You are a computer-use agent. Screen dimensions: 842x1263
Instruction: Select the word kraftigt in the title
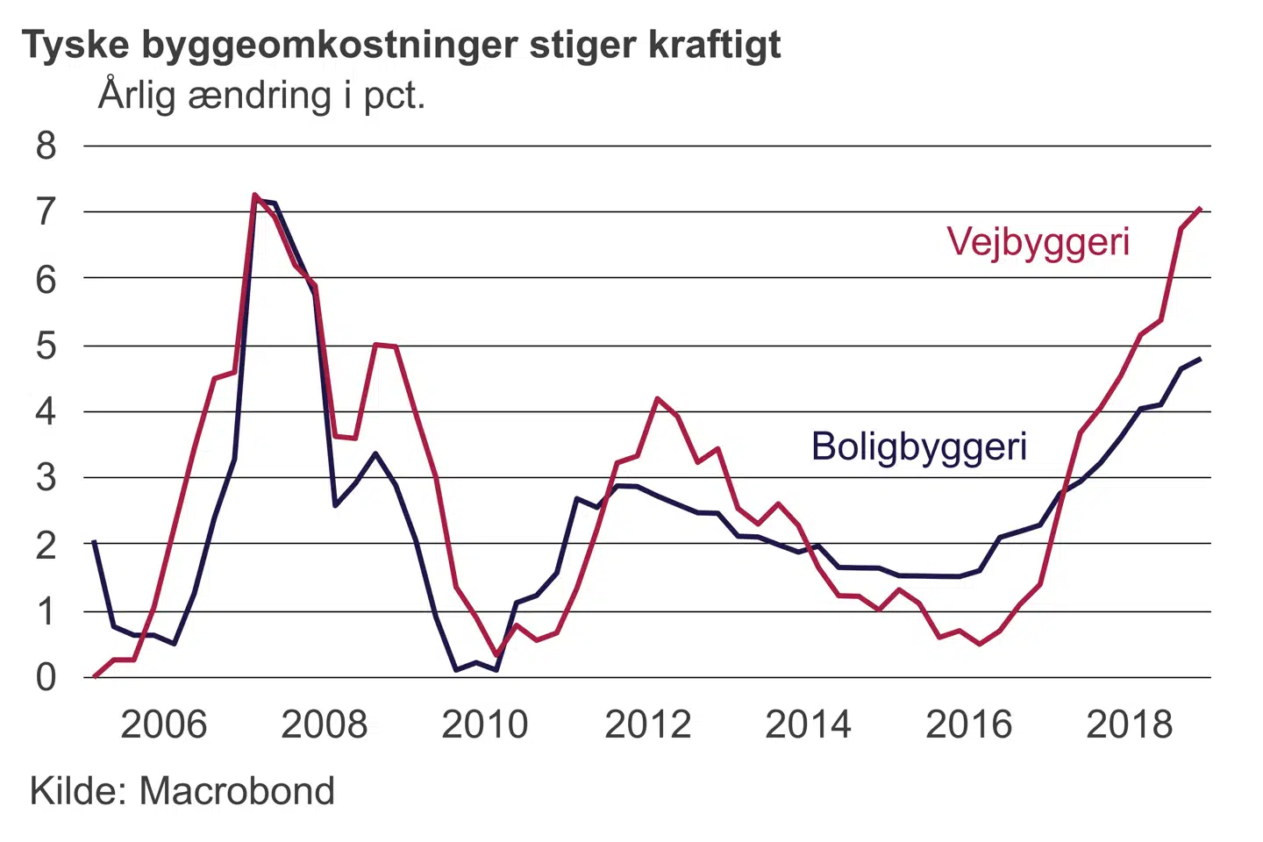(x=715, y=46)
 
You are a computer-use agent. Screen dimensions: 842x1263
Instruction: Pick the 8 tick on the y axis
(x=46, y=146)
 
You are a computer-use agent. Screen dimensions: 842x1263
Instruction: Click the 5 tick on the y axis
(x=46, y=346)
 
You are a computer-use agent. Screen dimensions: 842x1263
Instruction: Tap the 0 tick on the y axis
(x=46, y=677)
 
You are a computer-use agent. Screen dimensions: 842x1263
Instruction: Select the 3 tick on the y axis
(x=46, y=478)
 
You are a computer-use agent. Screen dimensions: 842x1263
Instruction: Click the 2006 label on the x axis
(x=163, y=724)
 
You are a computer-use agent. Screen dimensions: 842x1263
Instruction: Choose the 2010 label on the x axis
(x=485, y=724)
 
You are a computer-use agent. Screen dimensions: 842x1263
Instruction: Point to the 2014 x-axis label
(x=808, y=724)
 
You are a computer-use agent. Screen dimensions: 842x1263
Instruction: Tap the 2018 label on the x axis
(x=1130, y=724)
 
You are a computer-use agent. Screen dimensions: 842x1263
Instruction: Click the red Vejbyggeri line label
(x=1038, y=242)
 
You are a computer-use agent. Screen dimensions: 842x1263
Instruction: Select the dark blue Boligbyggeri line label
(x=918, y=446)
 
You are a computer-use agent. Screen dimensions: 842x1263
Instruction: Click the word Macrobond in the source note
(x=237, y=791)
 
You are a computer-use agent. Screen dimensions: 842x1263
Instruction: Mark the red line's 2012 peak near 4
(x=657, y=398)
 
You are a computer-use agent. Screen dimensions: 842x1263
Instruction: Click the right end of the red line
(x=1199, y=209)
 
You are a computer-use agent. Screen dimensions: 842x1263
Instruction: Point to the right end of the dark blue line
(x=1199, y=359)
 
